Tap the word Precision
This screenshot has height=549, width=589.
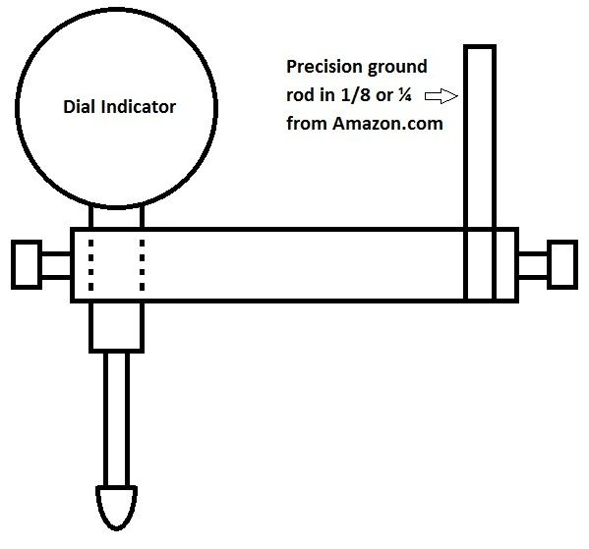click(x=324, y=67)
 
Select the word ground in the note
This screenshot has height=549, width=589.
click(x=397, y=68)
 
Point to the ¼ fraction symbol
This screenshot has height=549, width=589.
click(x=405, y=95)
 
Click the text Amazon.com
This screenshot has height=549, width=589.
click(x=387, y=124)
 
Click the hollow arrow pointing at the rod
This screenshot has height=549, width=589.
click(x=442, y=96)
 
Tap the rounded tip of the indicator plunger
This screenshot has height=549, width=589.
click(x=116, y=508)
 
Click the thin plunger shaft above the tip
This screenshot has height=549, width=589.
click(x=116, y=419)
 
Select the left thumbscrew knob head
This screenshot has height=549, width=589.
click(x=27, y=264)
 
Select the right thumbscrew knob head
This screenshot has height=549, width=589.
click(x=562, y=264)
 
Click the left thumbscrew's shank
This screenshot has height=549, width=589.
click(x=56, y=265)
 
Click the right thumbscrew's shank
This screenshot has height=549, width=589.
click(x=533, y=265)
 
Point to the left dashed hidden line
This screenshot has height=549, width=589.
click(x=90, y=265)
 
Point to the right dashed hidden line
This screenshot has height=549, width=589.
click(x=142, y=265)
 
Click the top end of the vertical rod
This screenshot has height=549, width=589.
click(x=480, y=46)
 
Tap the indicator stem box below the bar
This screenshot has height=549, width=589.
click(x=116, y=326)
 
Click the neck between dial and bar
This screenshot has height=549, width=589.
click(x=116, y=217)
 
